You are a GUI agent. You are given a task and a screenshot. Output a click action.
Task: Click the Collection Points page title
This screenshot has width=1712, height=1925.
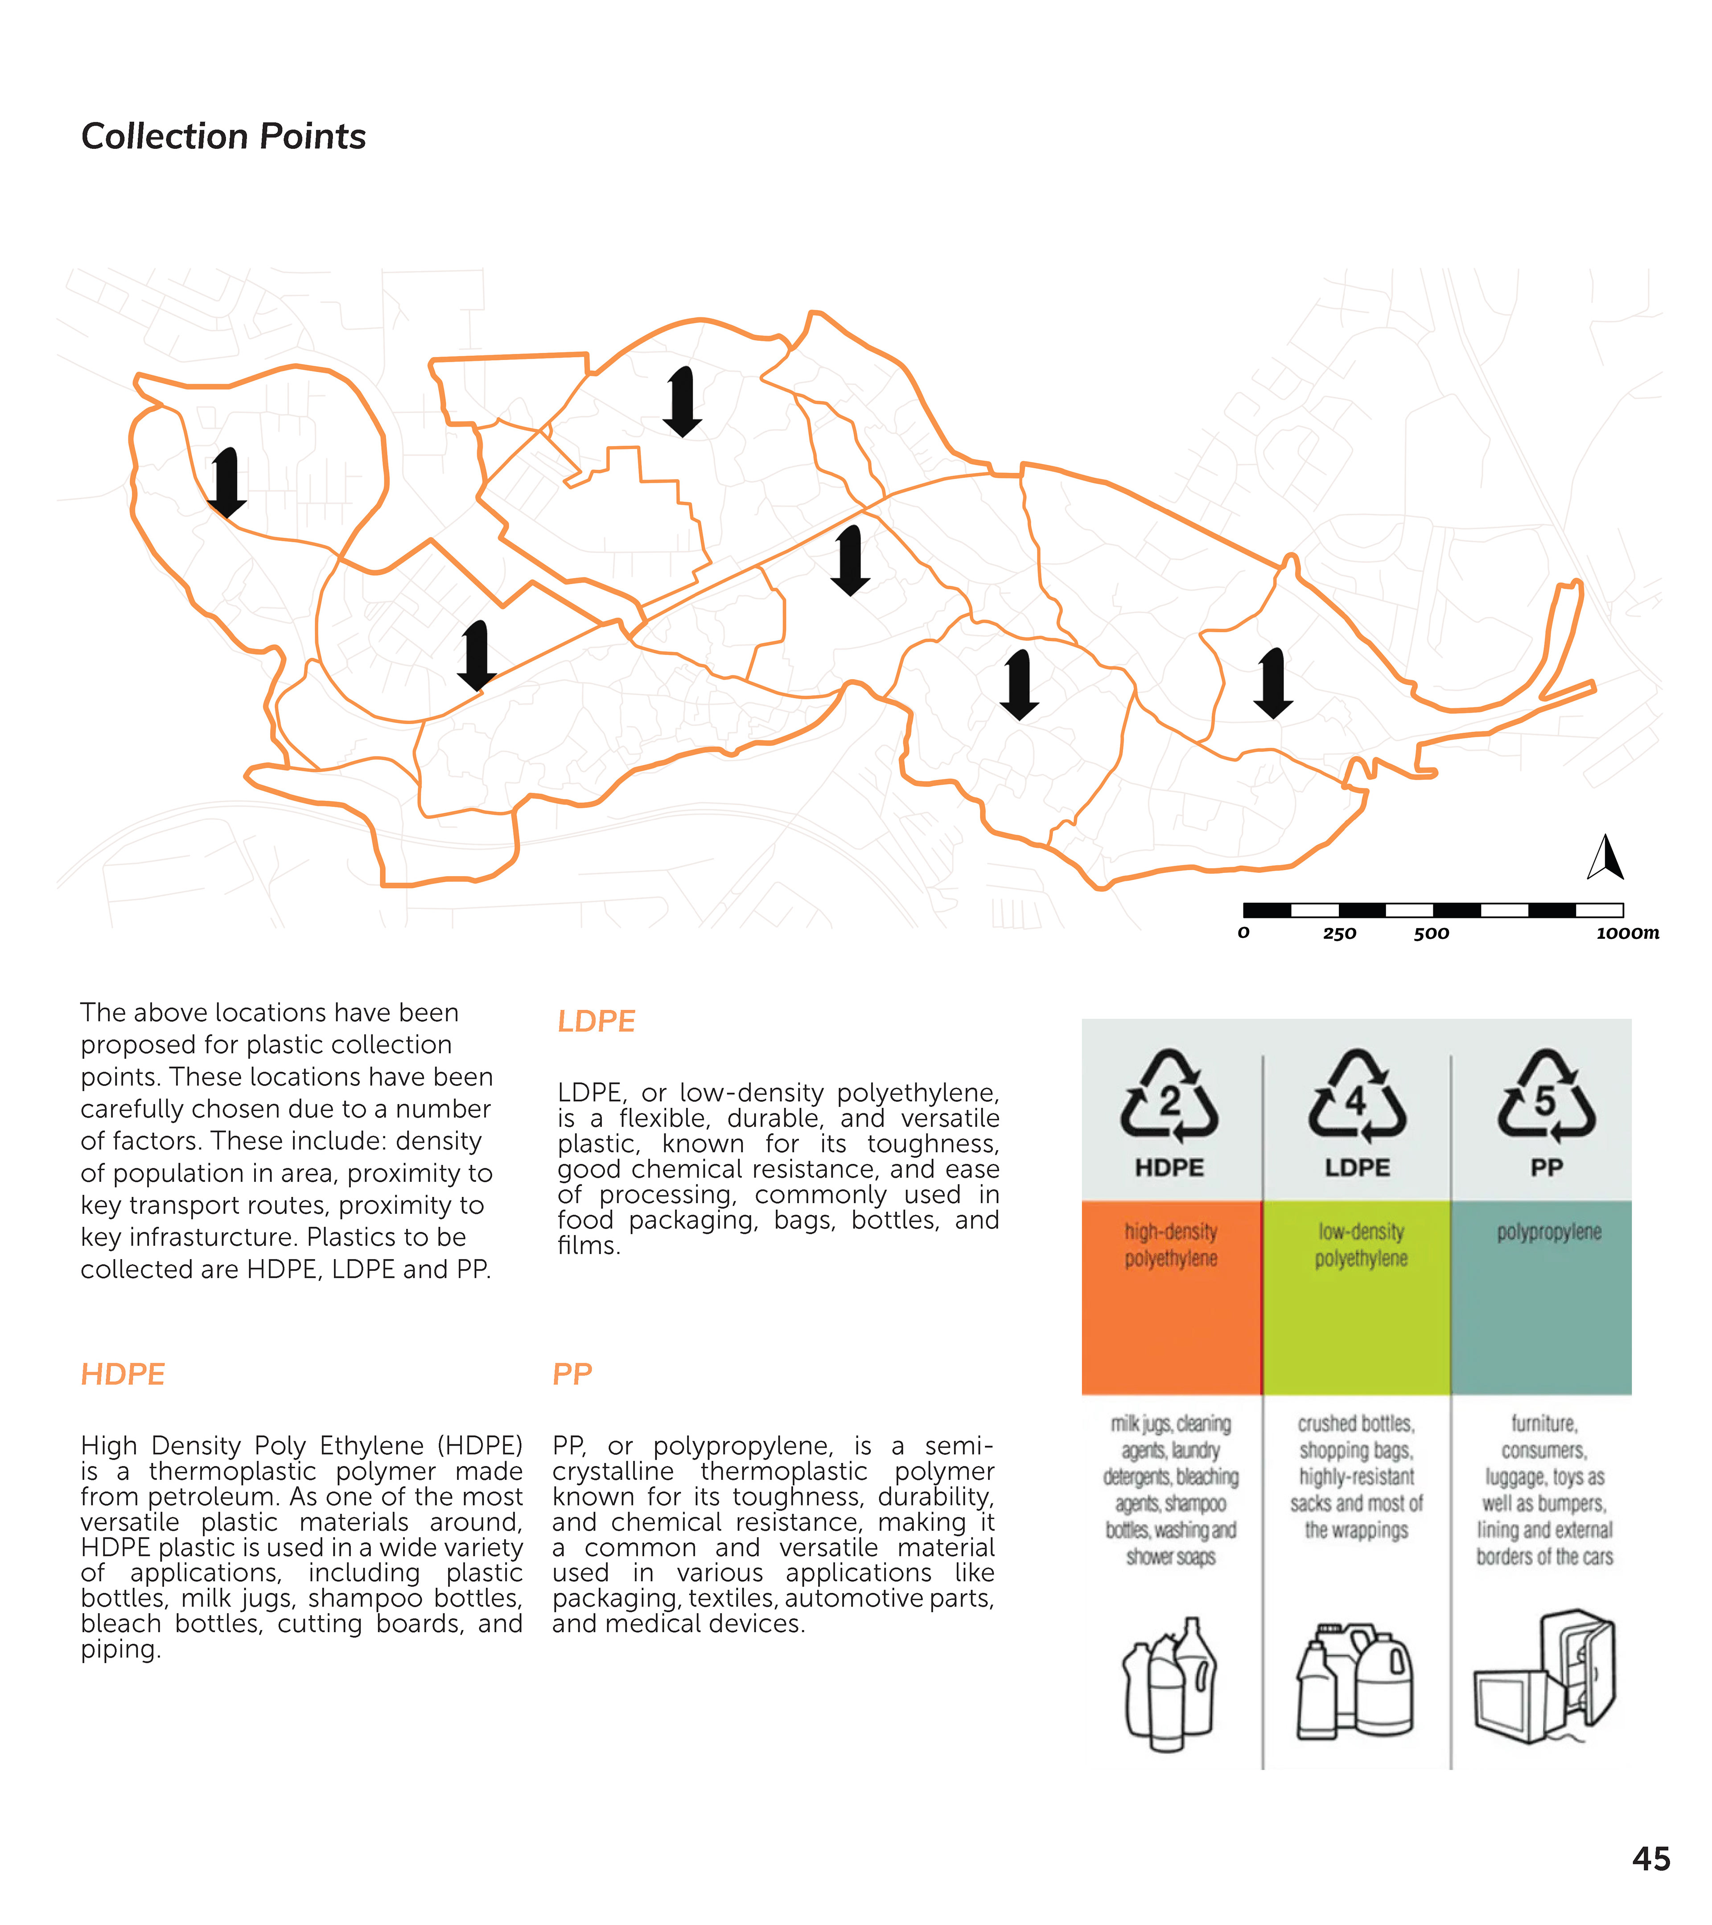[x=223, y=136]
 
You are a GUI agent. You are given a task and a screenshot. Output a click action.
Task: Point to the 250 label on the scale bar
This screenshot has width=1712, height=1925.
[x=1339, y=933]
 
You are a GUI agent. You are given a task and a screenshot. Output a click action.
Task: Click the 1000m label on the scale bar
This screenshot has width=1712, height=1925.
[x=1627, y=933]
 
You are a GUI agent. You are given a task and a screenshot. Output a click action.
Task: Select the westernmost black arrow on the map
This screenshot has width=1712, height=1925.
[x=226, y=482]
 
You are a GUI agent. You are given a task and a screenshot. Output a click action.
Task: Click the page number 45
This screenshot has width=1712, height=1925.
[x=1651, y=1859]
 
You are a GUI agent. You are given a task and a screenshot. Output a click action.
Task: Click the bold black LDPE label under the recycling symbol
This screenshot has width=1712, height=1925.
[x=1357, y=1168]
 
